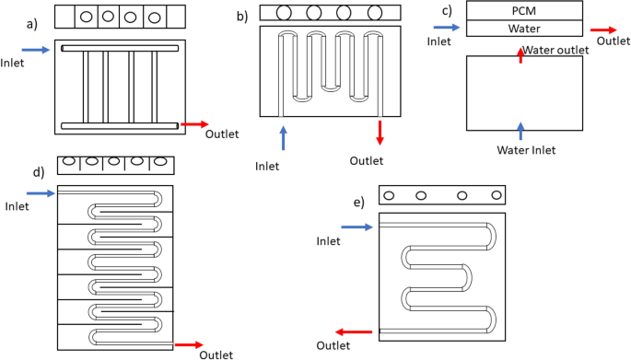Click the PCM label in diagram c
(524, 10)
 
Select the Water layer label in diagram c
(524, 29)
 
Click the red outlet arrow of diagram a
(194, 123)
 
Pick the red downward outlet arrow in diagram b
(379, 133)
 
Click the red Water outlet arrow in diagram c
(520, 55)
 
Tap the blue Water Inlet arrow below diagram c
(520, 129)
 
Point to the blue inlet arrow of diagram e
(362, 225)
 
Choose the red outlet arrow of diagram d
(188, 344)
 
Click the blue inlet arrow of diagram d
(41, 192)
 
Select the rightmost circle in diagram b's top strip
(375, 13)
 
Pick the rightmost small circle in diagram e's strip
(497, 196)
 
